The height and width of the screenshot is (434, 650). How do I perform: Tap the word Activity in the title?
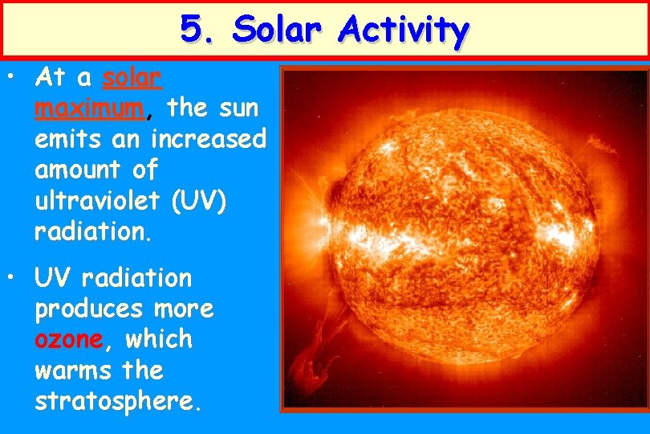(x=404, y=30)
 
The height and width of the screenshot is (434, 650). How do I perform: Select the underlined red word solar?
(x=132, y=78)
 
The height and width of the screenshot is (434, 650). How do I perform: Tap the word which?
(x=159, y=339)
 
